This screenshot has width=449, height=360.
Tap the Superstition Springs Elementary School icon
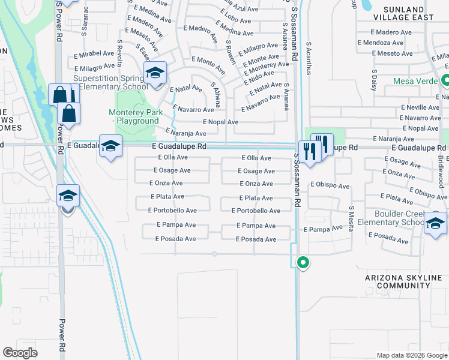pyautogui.click(x=155, y=74)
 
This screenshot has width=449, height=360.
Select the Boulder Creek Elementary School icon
pyautogui.click(x=435, y=223)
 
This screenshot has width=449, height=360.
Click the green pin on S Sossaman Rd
pyautogui.click(x=304, y=262)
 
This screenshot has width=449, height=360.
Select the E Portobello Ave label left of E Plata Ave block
pyautogui.click(x=172, y=211)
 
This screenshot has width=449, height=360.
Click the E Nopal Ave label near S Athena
pyautogui.click(x=220, y=122)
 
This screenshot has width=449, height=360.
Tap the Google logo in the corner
pyautogui.click(x=20, y=353)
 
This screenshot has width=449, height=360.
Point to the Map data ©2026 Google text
pyautogui.click(x=412, y=355)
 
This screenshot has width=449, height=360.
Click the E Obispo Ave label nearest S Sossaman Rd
pyautogui.click(x=330, y=186)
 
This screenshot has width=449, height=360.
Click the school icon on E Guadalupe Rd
pyautogui.click(x=111, y=146)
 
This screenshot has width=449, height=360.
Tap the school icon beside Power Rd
pyautogui.click(x=67, y=196)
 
